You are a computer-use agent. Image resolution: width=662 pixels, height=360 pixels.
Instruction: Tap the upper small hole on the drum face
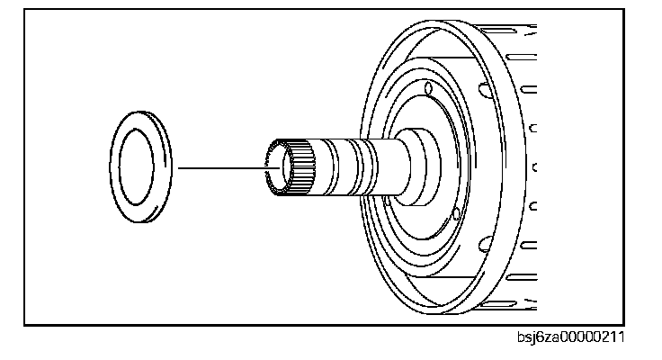coord(428,90)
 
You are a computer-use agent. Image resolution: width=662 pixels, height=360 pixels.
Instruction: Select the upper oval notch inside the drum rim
coord(485,87)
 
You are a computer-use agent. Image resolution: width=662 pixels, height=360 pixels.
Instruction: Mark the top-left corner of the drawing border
coord(25,10)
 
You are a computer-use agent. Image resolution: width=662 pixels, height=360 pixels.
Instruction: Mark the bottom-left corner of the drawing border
coord(25,323)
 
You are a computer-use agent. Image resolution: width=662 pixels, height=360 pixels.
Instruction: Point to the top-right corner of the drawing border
coord(623,10)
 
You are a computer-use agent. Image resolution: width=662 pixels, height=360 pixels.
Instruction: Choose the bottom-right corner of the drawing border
coord(623,323)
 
